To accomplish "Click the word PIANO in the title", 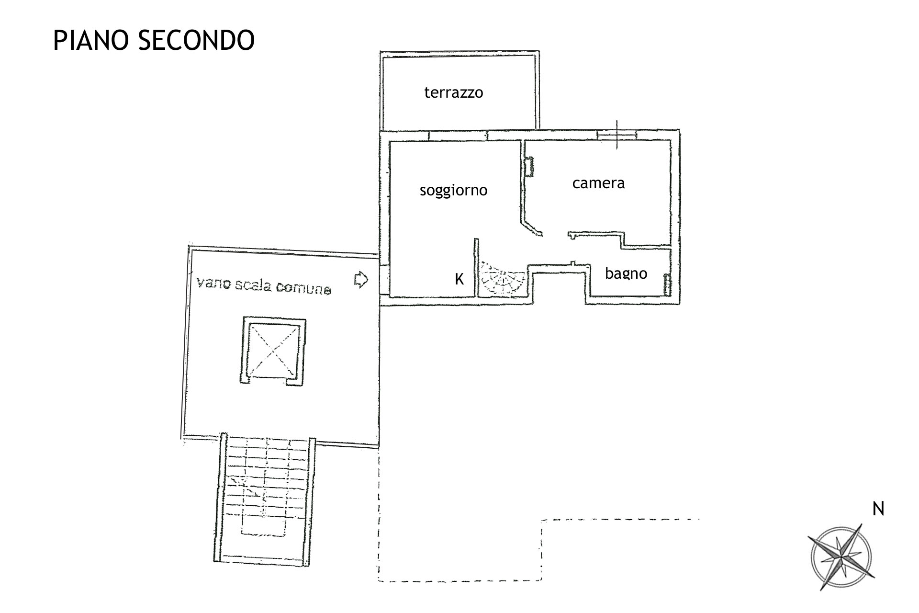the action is click(91, 40).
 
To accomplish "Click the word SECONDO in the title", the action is click(196, 40).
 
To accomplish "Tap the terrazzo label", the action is click(454, 92).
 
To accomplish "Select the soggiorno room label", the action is click(453, 191).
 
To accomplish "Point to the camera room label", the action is click(598, 183).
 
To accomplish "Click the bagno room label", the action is click(626, 273).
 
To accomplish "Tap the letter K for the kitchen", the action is click(459, 279).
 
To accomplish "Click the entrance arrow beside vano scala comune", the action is click(361, 280).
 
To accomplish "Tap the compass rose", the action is click(841, 556).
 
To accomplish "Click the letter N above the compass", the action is click(878, 509).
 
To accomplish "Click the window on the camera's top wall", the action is click(617, 135).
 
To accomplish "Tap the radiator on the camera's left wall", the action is click(529, 167).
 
